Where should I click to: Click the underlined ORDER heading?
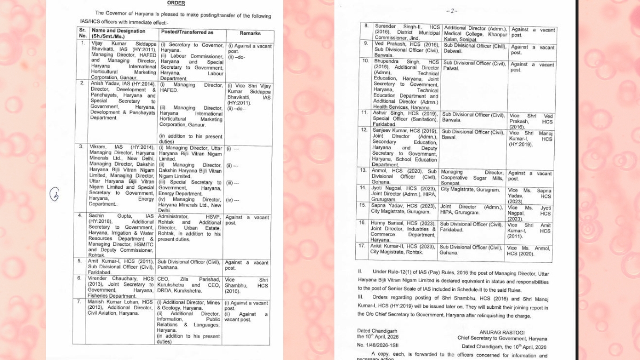click(x=177, y=3)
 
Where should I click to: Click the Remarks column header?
click(x=250, y=33)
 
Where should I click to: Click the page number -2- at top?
click(x=452, y=11)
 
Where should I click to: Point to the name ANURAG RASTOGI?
click(x=501, y=332)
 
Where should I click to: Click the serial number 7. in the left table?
click(x=81, y=302)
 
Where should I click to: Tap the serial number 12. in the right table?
click(x=365, y=130)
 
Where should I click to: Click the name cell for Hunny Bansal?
click(x=404, y=232)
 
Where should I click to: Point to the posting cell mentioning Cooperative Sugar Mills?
click(x=472, y=178)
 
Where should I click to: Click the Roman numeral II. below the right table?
click(x=360, y=271)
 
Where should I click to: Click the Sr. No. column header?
click(x=82, y=33)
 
